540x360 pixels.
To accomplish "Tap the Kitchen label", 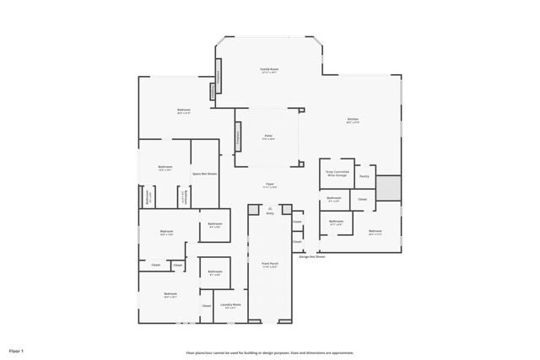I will [x=354, y=120].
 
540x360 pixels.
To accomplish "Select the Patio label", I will [x=268, y=137].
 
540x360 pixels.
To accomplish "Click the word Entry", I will [x=270, y=213].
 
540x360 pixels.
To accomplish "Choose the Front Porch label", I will [x=269, y=265].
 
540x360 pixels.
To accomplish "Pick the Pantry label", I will [x=364, y=176].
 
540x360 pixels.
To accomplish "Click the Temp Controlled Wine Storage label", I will [x=336, y=174].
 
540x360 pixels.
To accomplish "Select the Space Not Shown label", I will [x=204, y=174].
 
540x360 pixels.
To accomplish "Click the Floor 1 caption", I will [x=17, y=350].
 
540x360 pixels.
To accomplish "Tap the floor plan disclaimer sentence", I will [x=270, y=353].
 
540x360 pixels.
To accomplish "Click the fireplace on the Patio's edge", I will [x=238, y=136].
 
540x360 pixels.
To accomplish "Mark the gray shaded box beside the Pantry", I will [x=388, y=188].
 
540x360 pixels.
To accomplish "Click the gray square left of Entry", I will [x=252, y=208].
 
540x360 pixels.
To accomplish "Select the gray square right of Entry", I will [x=287, y=208].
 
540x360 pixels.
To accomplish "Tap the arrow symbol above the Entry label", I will [x=270, y=208].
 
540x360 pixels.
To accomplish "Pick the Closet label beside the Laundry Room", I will [x=207, y=305].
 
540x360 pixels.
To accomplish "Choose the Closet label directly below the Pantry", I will [x=362, y=199].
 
